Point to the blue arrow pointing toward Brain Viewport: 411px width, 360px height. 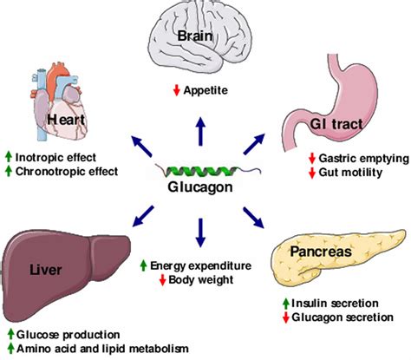click(x=202, y=128)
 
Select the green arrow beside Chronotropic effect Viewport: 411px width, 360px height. click(x=8, y=170)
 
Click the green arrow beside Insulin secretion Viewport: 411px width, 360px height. click(x=288, y=304)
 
